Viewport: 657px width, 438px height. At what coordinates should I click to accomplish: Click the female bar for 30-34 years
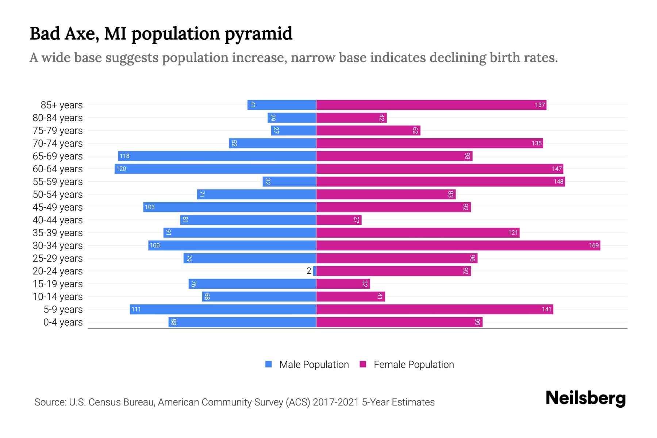(x=458, y=245)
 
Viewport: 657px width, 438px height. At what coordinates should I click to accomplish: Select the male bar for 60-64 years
(x=215, y=169)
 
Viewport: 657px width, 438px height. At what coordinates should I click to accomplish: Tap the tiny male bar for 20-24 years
(x=315, y=271)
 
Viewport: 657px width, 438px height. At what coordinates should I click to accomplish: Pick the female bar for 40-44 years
(x=339, y=220)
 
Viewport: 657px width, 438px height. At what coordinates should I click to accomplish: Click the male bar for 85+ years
(x=282, y=105)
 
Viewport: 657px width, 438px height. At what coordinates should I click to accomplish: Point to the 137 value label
(x=540, y=105)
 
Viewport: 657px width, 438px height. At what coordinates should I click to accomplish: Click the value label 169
(x=593, y=245)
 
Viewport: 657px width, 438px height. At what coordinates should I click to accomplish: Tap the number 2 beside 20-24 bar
(x=309, y=271)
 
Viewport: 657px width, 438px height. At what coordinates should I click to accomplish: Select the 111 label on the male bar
(x=136, y=309)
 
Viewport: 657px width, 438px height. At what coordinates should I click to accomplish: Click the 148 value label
(x=558, y=181)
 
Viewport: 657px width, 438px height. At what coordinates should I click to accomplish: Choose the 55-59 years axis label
(x=58, y=182)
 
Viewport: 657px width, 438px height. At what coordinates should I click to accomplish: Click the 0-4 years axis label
(x=63, y=322)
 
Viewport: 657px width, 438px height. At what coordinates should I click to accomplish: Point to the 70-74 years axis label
(x=58, y=143)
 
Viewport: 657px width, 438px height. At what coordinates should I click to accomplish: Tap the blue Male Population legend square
(x=269, y=364)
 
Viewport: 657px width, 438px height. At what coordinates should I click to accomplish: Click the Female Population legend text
(x=414, y=365)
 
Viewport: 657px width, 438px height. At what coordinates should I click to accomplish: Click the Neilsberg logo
(x=585, y=398)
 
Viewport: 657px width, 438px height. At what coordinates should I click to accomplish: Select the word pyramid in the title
(x=258, y=34)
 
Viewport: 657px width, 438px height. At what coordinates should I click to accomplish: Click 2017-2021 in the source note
(x=335, y=402)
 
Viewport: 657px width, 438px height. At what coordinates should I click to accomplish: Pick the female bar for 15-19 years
(x=343, y=284)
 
